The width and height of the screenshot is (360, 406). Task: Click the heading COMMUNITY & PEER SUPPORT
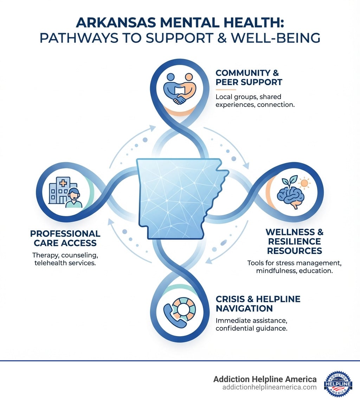click(x=249, y=77)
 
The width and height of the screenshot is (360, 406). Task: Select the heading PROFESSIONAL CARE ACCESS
click(x=65, y=238)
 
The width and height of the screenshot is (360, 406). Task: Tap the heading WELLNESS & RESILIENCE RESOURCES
click(x=294, y=241)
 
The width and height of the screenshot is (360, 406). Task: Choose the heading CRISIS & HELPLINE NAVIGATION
click(x=258, y=304)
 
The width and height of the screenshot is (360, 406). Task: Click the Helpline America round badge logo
click(x=338, y=383)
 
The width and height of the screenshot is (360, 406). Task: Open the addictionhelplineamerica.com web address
click(x=269, y=387)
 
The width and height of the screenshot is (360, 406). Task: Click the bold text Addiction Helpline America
click(x=265, y=379)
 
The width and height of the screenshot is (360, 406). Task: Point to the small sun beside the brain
click(x=303, y=183)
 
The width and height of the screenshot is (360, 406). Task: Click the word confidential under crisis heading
click(x=236, y=329)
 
